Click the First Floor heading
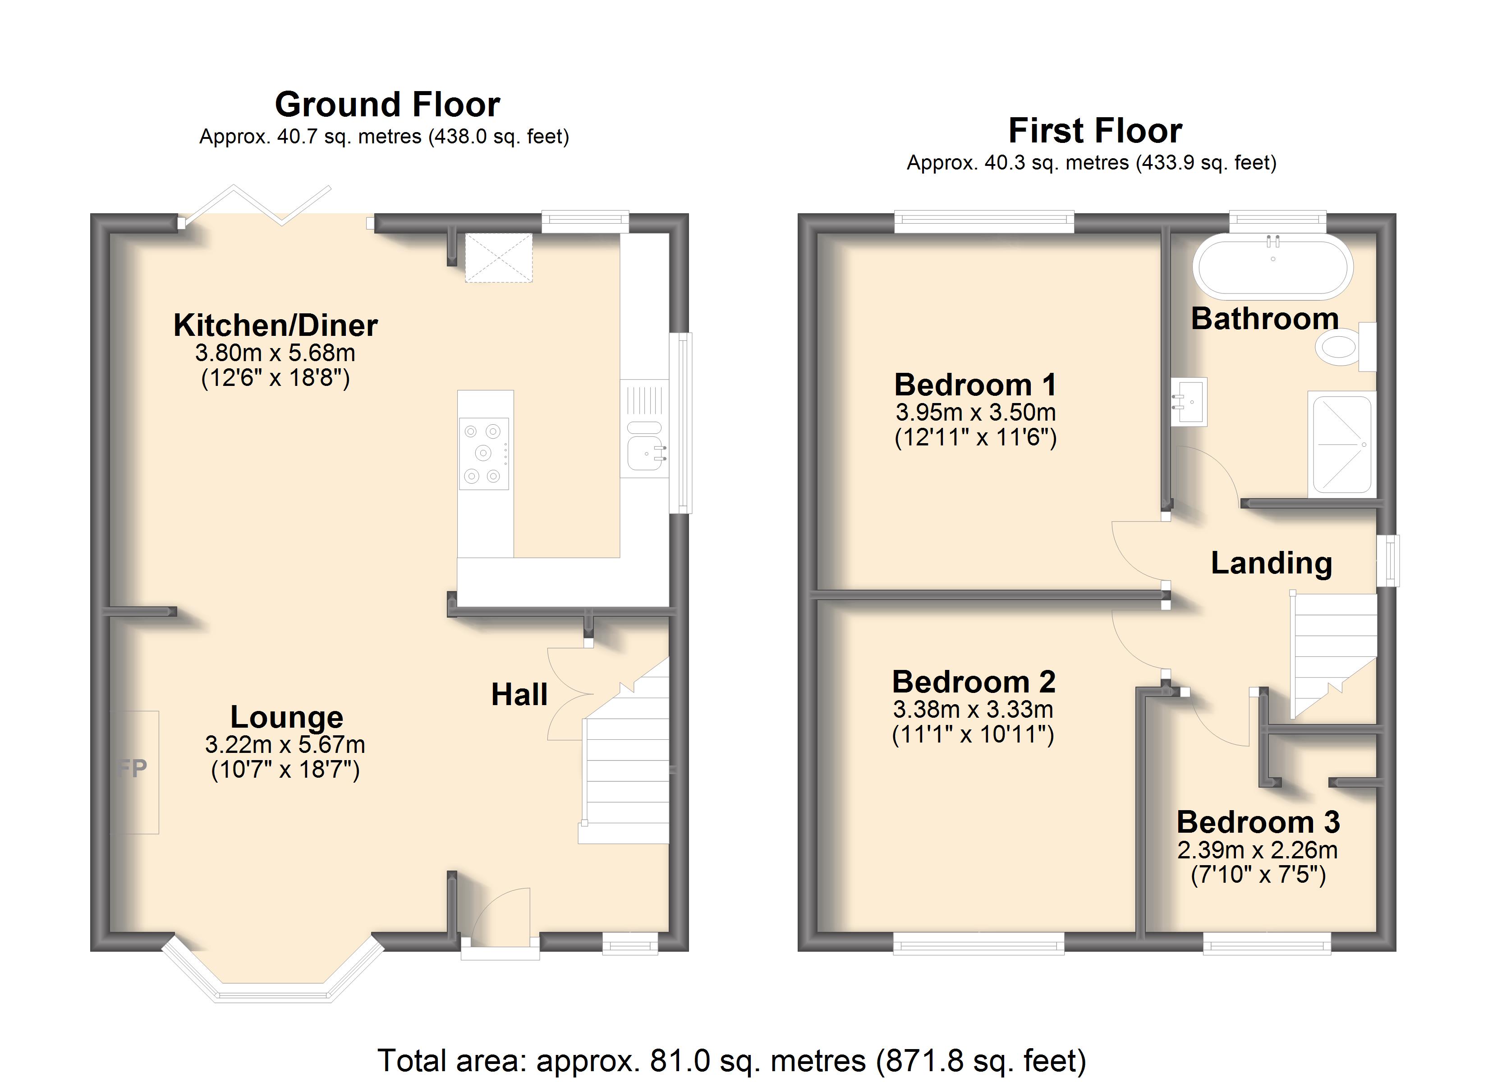[1095, 131]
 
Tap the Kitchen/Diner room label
[276, 326]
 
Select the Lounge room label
[287, 717]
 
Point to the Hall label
[519, 694]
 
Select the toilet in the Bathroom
[1345, 346]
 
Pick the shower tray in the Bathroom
[1341, 444]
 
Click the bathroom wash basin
[1189, 402]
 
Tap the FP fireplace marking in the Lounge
[133, 768]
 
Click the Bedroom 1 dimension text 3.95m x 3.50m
[976, 413]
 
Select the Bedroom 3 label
[1258, 822]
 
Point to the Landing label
[1272, 563]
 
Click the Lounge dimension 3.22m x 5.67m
[285, 745]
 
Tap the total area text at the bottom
[731, 1060]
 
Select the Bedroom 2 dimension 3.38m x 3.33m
[973, 709]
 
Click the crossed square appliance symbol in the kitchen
[499, 258]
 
